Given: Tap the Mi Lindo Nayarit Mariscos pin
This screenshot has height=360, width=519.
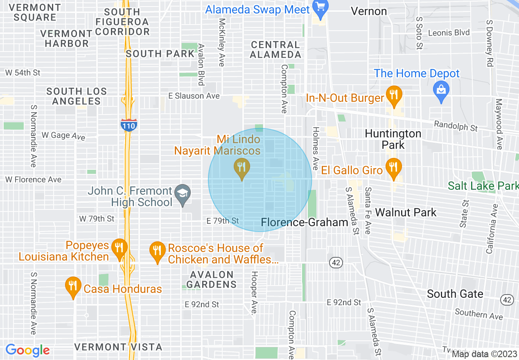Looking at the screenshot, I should pos(241,168).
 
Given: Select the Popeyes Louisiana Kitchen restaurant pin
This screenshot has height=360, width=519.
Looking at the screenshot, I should pos(119,248).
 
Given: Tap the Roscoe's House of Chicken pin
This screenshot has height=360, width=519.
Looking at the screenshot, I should pos(157,251).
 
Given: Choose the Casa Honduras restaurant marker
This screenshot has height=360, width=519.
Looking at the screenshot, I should pos(73,286).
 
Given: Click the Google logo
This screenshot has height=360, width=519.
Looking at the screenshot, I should pos(27,350).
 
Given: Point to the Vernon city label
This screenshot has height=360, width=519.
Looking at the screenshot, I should pos(369,11).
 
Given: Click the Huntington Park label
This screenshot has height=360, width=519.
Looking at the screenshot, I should pos(387,139).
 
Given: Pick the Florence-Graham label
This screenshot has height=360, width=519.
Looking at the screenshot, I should pos(305,222).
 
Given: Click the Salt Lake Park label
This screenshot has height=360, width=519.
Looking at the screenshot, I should pos(483,186).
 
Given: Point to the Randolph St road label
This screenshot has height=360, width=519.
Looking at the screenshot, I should pos(456,126).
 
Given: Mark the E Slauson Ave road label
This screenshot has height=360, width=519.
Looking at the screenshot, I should pos(194,96).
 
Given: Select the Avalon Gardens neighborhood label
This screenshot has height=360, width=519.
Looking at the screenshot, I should pos(211,279).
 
